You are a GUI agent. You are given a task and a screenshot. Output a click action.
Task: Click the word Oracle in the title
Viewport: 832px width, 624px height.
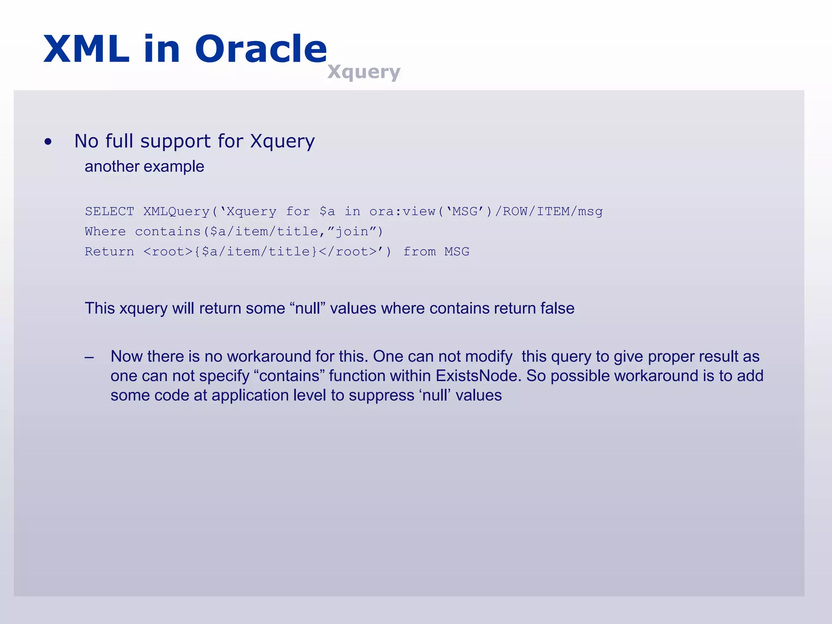coord(261,49)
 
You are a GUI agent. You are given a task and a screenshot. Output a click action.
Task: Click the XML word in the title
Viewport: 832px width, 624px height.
coord(86,49)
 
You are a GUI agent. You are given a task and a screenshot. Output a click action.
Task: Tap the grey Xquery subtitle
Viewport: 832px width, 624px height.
coord(364,72)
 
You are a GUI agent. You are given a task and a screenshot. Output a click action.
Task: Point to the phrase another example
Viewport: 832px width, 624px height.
coord(144,167)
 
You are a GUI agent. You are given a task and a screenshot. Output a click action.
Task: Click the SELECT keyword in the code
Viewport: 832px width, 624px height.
coord(109,211)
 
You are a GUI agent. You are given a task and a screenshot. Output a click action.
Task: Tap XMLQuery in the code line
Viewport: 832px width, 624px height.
coord(176,211)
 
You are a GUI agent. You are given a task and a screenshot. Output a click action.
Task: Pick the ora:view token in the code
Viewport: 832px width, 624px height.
coord(402,211)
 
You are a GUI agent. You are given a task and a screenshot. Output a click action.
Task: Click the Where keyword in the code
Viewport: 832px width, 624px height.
coord(105,232)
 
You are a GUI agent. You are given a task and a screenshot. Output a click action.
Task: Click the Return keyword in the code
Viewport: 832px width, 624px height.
coord(109,252)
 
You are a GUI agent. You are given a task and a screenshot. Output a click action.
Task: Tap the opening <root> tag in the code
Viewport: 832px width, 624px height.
coord(168,252)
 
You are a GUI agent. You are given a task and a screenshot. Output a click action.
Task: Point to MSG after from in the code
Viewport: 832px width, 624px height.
coord(457,252)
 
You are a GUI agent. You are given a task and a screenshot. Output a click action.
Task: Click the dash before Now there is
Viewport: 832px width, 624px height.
coord(89,357)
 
